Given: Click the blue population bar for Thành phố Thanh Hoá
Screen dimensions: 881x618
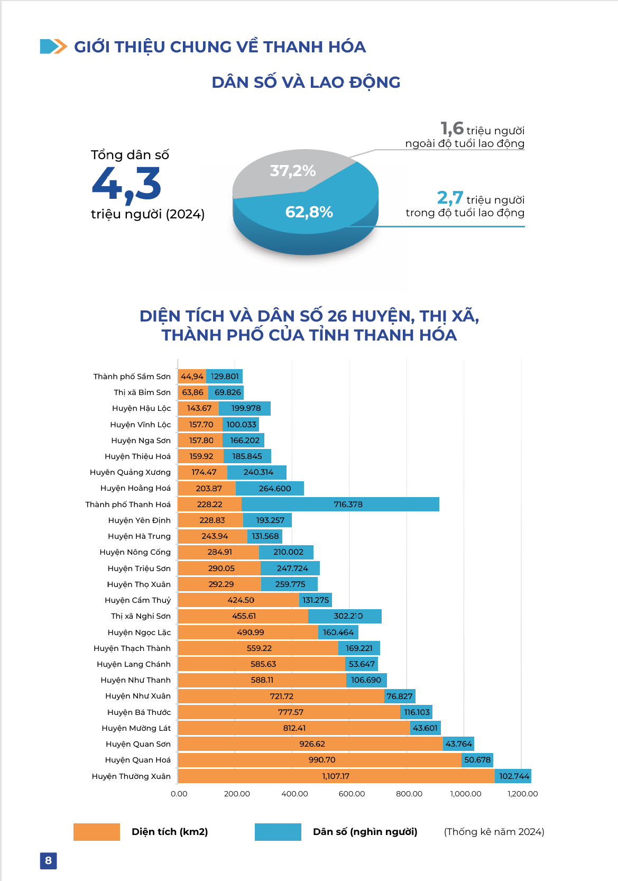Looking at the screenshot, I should (x=340, y=504).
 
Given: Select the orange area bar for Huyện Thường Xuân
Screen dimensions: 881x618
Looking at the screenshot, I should (x=336, y=776).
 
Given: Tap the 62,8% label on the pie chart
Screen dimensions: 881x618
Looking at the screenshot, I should (x=309, y=213).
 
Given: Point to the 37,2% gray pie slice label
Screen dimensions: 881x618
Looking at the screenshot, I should (x=292, y=171).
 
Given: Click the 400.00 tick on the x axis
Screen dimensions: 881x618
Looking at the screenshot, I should (x=294, y=794).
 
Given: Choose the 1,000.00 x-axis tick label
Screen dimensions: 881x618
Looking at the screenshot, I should (x=466, y=794).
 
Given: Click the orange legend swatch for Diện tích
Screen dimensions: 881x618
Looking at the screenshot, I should (x=97, y=832).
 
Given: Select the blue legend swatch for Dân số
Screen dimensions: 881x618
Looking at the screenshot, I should (x=278, y=832).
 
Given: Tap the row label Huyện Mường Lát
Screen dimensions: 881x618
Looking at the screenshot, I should (x=136, y=728).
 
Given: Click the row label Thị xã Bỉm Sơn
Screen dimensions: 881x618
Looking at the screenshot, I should (x=142, y=392).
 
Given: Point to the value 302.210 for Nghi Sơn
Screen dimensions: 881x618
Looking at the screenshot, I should (x=348, y=616).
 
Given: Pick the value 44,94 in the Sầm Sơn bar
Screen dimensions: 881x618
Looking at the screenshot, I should (x=192, y=377).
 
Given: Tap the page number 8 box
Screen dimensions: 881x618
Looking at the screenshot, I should (x=48, y=860).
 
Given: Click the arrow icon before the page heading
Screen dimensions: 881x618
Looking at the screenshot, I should (x=53, y=47).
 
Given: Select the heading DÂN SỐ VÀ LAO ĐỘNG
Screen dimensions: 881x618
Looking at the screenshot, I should (x=306, y=82).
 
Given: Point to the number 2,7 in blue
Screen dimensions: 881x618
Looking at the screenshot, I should (x=450, y=198).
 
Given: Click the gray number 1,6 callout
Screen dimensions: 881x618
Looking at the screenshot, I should (x=452, y=129).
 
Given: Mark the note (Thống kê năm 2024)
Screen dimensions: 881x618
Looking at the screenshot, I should (x=494, y=832).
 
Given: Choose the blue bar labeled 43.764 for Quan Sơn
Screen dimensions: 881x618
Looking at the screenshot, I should (x=458, y=744).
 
